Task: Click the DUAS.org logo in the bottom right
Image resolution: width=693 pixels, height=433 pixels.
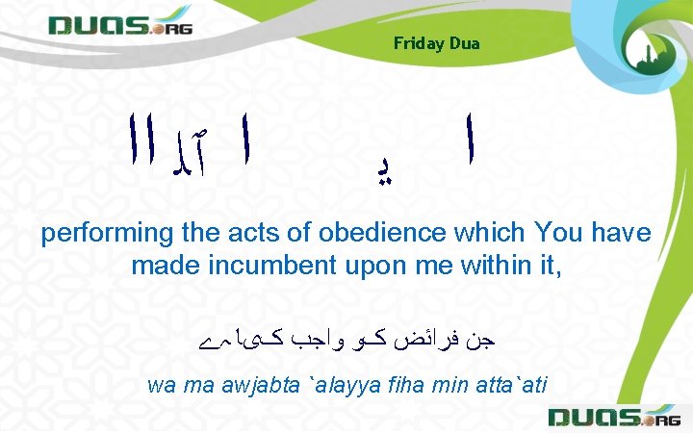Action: [612, 417]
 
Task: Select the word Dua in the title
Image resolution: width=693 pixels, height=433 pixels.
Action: [465, 43]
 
